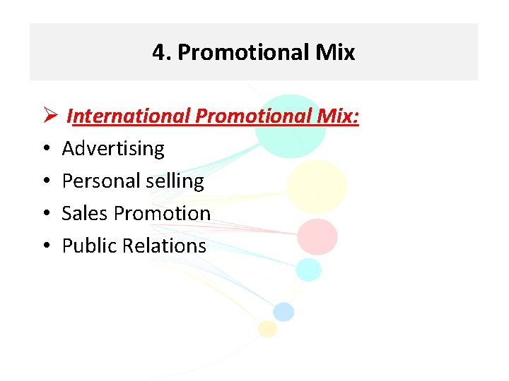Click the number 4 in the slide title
158,52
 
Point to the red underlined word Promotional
251,116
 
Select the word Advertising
113,149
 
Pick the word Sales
82,213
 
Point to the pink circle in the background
317,236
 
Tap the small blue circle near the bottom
283,311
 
